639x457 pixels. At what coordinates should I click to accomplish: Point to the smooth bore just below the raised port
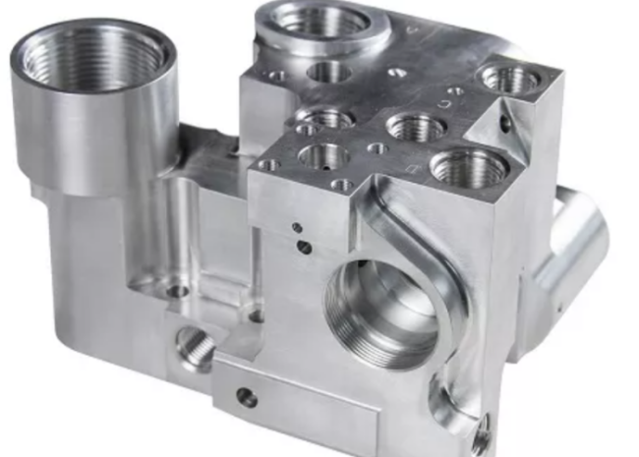[x=329, y=70]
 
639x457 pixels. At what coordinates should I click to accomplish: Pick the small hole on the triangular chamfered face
[x=504, y=124]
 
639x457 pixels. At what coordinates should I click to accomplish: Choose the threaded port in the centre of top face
[x=414, y=126]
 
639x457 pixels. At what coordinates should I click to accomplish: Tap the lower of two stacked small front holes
[x=305, y=246]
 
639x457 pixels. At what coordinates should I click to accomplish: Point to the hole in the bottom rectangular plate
[x=247, y=397]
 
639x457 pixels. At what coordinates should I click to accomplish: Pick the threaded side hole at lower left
[x=193, y=347]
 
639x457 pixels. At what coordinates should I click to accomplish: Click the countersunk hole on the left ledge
[x=177, y=290]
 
